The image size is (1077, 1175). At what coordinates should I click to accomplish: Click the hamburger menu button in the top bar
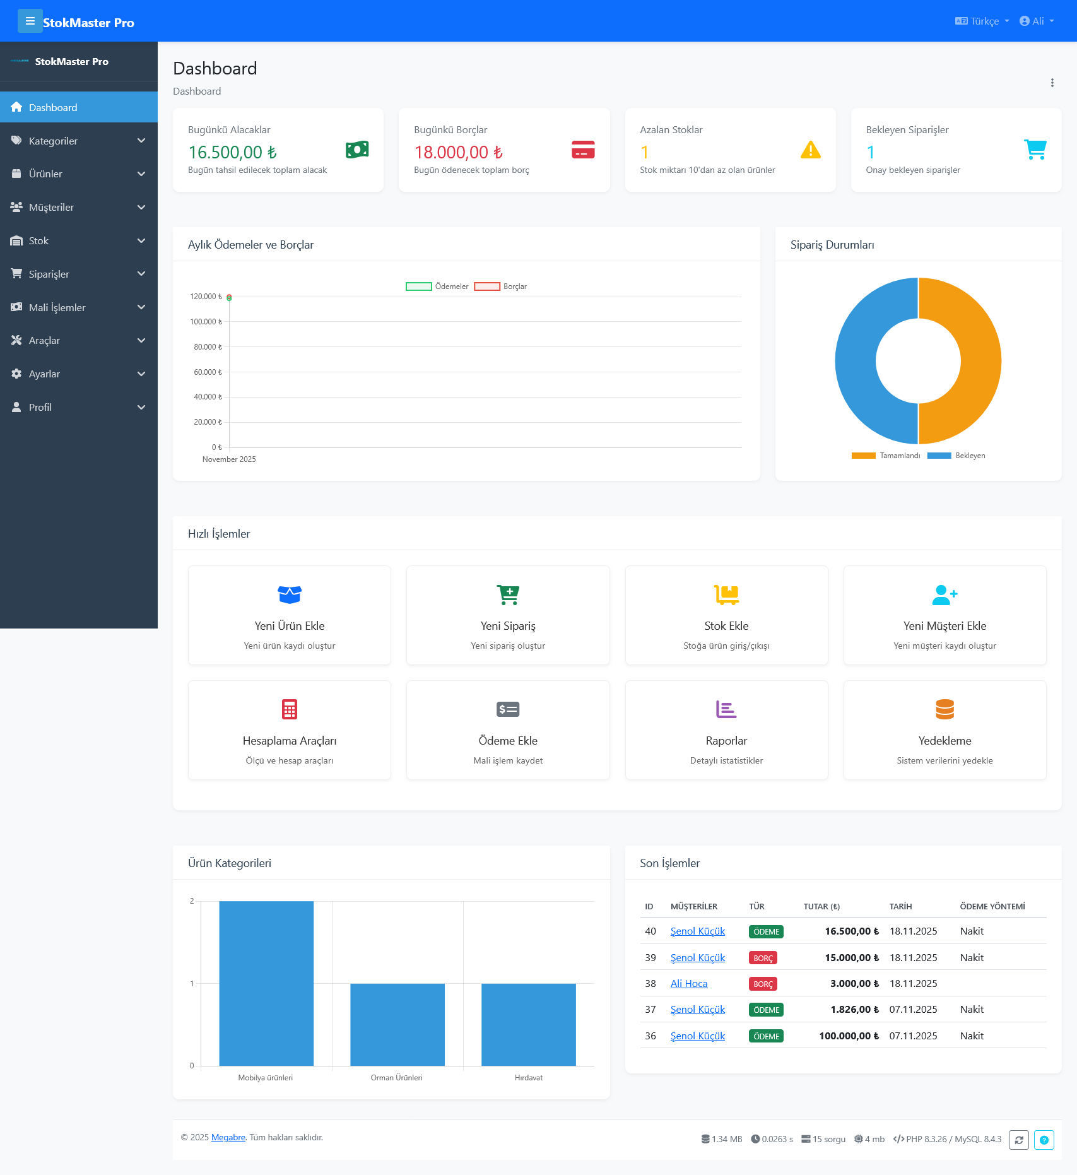click(30, 21)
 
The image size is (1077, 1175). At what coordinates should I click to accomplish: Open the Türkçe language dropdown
click(982, 21)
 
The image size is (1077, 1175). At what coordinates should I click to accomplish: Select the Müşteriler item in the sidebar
click(51, 207)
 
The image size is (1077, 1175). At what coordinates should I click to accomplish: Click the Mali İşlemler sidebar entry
click(57, 307)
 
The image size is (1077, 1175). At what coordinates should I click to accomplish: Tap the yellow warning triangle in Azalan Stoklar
click(810, 150)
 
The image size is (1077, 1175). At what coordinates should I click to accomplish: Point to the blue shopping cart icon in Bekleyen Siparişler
click(1035, 150)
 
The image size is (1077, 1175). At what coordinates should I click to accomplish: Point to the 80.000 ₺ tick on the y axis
click(208, 347)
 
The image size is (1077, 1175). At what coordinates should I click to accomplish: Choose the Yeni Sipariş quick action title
click(508, 626)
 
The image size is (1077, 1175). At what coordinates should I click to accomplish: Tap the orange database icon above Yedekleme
click(945, 709)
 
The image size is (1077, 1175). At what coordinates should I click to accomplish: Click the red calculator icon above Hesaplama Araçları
click(290, 709)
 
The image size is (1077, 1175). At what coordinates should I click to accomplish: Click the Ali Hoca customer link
click(689, 984)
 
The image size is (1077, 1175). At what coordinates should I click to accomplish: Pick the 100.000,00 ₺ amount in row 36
click(849, 1036)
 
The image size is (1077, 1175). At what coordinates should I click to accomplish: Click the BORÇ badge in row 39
click(763, 958)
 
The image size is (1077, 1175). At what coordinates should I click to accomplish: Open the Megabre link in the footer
click(228, 1137)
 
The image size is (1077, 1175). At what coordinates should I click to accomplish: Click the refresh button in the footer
click(1018, 1140)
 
